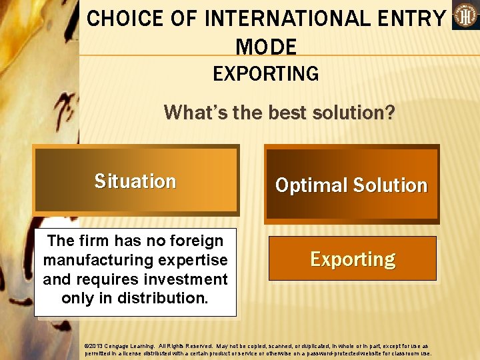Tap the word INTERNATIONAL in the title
pyautogui.click(x=277, y=19)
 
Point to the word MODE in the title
pyautogui.click(x=266, y=47)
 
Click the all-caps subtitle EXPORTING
pyautogui.click(x=266, y=73)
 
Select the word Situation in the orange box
pyautogui.click(x=135, y=181)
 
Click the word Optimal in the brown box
pyautogui.click(x=308, y=185)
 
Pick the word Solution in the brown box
pyautogui.click(x=389, y=185)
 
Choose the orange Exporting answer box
pyautogui.click(x=353, y=259)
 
